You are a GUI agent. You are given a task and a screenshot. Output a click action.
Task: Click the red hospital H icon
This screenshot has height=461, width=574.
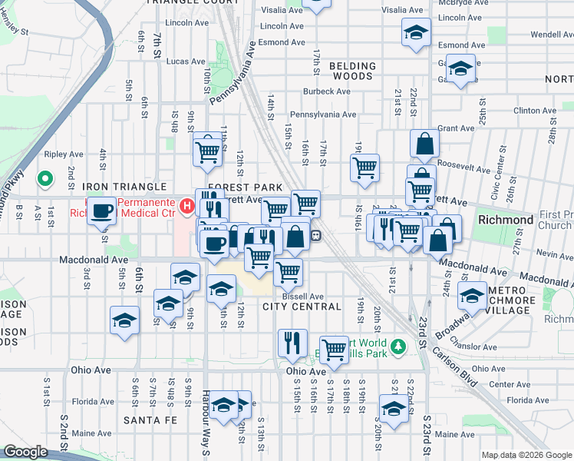click(x=185, y=205)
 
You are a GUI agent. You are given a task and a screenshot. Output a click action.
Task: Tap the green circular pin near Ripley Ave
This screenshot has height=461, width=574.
click(x=45, y=180)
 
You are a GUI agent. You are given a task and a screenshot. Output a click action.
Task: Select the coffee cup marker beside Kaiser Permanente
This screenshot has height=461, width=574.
click(x=101, y=211)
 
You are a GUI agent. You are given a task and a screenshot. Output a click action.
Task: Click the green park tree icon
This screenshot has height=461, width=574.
click(x=398, y=347)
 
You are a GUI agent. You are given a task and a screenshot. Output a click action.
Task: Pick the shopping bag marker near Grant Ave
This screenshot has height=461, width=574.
click(x=424, y=144)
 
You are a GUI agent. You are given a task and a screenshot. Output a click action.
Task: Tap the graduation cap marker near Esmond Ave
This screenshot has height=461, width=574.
click(x=416, y=33)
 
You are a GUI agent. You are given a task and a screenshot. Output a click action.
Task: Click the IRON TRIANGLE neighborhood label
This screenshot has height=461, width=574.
click(x=124, y=187)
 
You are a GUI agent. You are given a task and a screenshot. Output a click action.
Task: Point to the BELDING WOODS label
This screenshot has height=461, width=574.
click(x=352, y=71)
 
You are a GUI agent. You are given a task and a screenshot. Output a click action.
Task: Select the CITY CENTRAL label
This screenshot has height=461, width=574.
click(x=302, y=307)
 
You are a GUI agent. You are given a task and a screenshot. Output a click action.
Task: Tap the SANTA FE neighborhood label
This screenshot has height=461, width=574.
click(x=150, y=420)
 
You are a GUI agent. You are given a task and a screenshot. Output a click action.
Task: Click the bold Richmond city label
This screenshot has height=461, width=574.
click(x=505, y=220)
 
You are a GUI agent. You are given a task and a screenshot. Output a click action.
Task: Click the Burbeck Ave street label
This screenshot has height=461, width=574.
click(x=327, y=91)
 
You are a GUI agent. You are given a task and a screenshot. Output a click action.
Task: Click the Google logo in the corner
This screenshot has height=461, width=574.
click(x=25, y=452)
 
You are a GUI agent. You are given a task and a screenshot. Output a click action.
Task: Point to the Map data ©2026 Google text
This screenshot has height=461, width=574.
click(x=526, y=455)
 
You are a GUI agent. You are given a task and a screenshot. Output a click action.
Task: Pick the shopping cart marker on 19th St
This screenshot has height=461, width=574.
click(x=365, y=167)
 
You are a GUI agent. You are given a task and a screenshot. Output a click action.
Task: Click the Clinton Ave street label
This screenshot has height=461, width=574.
click(x=536, y=111)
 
